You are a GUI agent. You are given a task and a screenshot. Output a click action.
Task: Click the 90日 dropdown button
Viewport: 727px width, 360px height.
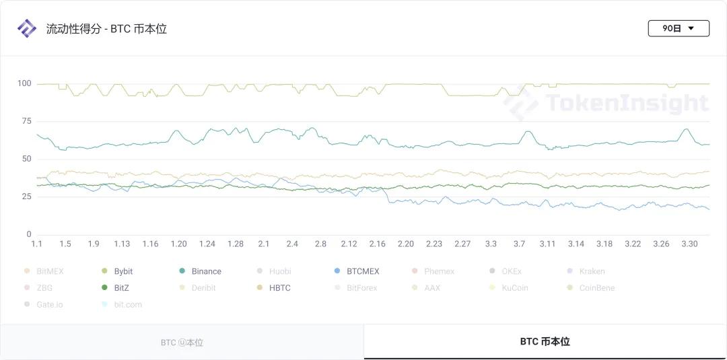tap(678, 28)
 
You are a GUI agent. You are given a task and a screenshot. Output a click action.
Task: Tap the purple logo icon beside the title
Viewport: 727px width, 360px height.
tap(26, 28)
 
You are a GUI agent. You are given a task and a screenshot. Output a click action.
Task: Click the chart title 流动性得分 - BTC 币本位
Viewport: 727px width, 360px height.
tap(106, 29)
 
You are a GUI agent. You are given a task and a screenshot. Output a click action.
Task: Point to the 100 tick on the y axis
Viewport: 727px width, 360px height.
tap(24, 83)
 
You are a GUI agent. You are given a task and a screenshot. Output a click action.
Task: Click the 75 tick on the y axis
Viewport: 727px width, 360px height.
tap(26, 121)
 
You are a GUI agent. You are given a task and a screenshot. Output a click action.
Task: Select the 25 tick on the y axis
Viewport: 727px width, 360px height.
tap(26, 196)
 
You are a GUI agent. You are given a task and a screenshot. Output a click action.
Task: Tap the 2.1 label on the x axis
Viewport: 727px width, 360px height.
tap(264, 244)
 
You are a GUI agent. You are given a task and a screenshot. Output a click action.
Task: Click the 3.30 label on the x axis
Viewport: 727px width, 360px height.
tap(689, 244)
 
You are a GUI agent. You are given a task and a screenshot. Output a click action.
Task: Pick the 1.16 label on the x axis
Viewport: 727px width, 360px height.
tap(150, 244)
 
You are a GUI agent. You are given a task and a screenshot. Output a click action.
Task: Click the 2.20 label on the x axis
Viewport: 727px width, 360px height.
tap(406, 244)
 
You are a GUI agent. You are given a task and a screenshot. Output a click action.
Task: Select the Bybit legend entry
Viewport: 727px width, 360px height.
tap(123, 271)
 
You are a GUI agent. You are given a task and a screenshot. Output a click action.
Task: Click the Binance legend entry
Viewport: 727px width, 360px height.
tap(206, 271)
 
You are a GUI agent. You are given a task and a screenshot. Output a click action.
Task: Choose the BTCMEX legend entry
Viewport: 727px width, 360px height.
tap(362, 271)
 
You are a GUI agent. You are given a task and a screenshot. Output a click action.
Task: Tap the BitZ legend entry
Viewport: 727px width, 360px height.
tap(121, 288)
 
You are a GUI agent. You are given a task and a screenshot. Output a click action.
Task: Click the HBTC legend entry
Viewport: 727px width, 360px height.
tap(279, 288)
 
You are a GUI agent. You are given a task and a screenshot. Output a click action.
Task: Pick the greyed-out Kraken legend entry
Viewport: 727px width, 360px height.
tap(592, 271)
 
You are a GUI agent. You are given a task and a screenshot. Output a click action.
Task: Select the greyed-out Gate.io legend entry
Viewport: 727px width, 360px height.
tap(49, 304)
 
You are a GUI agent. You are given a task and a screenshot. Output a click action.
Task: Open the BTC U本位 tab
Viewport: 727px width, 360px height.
tap(182, 343)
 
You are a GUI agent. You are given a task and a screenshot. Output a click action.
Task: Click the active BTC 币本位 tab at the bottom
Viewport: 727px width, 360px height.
tap(545, 342)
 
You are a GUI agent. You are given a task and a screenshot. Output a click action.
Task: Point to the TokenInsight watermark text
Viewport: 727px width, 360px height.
tap(626, 103)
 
